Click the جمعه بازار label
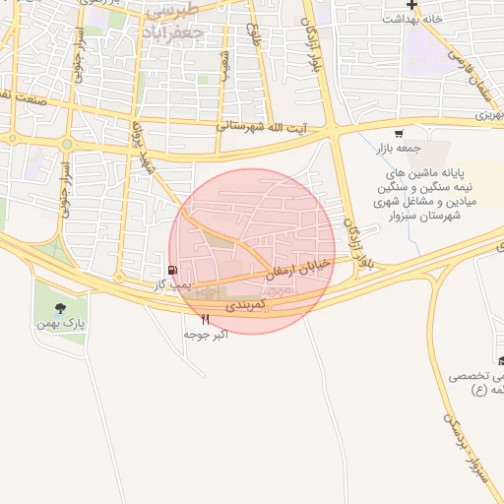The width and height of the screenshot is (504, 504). [396, 149]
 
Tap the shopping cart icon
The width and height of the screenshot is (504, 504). [398, 134]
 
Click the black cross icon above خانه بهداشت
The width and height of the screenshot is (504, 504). [410, 5]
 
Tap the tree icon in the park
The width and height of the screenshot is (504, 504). [62, 307]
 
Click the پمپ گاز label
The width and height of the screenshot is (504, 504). [170, 283]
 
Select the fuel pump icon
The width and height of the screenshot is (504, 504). [173, 270]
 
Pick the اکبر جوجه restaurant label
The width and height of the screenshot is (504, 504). [206, 335]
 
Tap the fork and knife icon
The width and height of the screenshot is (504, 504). [206, 319]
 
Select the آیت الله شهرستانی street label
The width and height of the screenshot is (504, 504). [261, 127]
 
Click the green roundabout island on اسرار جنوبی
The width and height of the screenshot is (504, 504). [67, 144]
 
